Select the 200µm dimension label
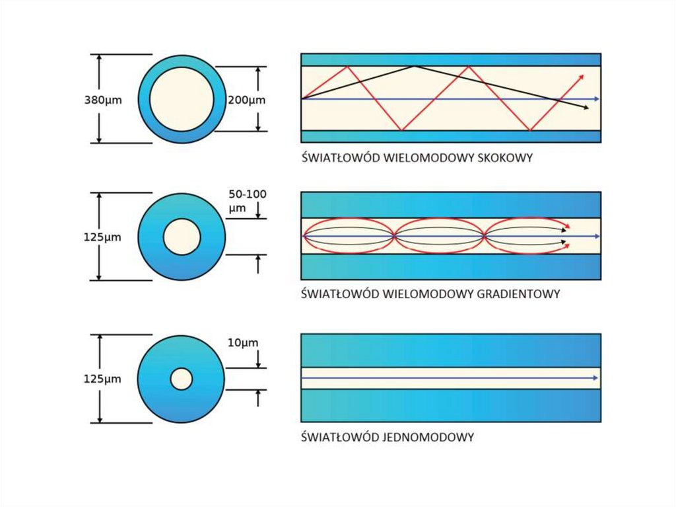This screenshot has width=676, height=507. pos(246,100)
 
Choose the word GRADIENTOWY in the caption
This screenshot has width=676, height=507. pos(518,293)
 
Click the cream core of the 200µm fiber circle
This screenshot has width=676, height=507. pos(182,99)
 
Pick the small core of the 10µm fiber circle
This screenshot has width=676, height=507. pos(182,379)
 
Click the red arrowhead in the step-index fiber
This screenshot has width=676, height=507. pos(581,77)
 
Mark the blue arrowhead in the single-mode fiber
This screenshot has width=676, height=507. pos(595,378)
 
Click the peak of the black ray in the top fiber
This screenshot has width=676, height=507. pos(414,66)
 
